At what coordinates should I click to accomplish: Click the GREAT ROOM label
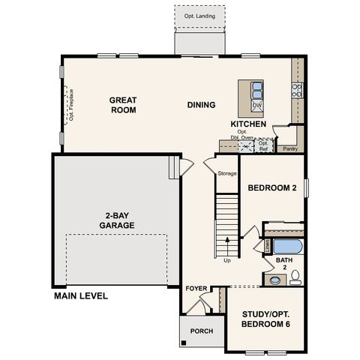[122, 104]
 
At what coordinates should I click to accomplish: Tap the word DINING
[201, 105]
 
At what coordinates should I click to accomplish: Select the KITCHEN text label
[247, 123]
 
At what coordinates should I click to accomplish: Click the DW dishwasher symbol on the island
[256, 106]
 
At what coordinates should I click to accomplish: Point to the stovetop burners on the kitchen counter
[297, 91]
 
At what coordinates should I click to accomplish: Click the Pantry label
[289, 148]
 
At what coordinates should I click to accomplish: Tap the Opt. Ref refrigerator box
[263, 145]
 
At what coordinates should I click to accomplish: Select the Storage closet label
[226, 173]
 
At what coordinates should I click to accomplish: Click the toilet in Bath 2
[295, 276]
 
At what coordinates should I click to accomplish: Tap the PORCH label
[201, 331]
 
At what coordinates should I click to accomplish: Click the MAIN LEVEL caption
[81, 295]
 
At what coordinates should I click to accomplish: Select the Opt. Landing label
[199, 15]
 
